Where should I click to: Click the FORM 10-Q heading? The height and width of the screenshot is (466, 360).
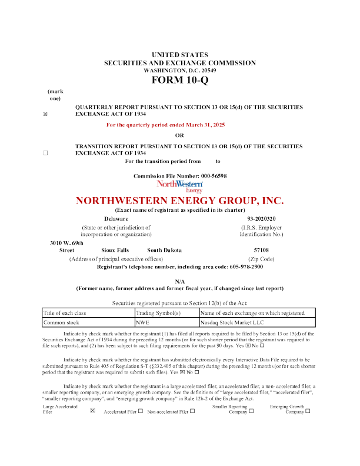[179, 80]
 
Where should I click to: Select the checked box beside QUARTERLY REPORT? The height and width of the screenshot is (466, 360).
[46, 114]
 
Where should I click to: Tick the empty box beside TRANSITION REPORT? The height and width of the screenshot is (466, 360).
[46, 152]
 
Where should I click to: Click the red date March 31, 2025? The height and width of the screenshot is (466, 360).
[204, 125]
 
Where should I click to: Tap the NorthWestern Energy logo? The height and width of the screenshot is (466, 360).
[180, 187]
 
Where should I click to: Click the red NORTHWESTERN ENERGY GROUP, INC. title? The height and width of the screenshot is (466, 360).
[179, 201]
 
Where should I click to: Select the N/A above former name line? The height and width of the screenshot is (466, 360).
[180, 282]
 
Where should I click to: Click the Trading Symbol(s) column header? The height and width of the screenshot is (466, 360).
[158, 314]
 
